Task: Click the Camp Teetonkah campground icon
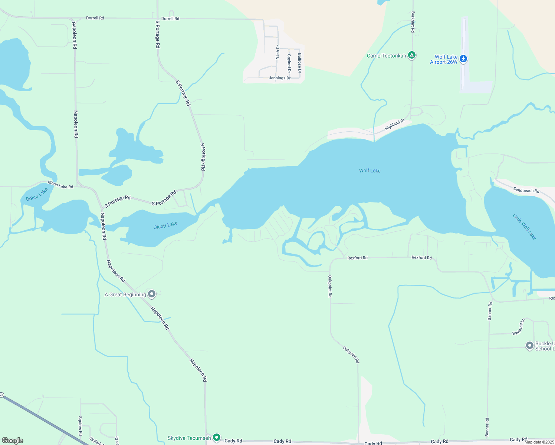pos(411,56)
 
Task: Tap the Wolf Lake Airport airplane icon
pos(463,59)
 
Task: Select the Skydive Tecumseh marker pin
pos(217,438)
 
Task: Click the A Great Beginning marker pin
pos(151,294)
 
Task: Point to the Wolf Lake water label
pos(370,171)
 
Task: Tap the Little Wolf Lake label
pos(524,227)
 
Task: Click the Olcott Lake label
pos(165,225)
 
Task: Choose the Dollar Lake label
pos(37,194)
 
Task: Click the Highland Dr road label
pos(394,124)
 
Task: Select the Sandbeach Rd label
pos(526,190)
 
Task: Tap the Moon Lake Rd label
pos(60,185)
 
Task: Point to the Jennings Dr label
pos(280,78)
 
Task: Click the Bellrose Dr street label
pos(300,63)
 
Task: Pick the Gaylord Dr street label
pos(289,63)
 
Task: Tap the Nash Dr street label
pos(277,52)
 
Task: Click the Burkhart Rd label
pos(413,22)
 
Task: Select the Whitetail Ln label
pos(519,327)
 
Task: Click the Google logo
pos(12,441)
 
